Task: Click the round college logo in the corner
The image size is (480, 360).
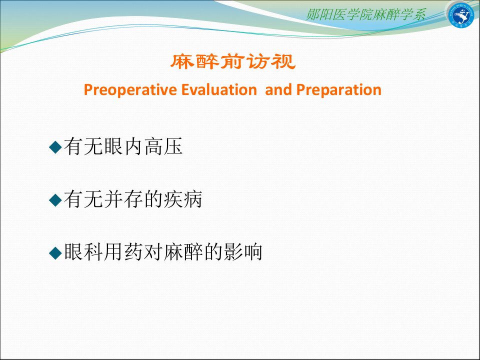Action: coord(460,14)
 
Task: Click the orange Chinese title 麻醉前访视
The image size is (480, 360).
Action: coord(233,61)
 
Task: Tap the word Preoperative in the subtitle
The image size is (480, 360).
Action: coord(130,90)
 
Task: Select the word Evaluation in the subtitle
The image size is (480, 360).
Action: coord(219,89)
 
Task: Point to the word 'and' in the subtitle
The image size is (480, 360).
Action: coord(278,89)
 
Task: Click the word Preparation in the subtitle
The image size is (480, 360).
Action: coord(339,90)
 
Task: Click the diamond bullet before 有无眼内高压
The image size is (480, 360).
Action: coord(55,147)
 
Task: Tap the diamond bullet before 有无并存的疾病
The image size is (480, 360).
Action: coord(55,200)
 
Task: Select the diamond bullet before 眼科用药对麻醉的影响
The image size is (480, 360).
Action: coord(55,253)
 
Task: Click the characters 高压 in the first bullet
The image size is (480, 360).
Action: coord(163,146)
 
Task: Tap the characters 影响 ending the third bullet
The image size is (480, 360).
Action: coord(243,252)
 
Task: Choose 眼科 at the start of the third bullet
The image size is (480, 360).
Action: coord(83,252)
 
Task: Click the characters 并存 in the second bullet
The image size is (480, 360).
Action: coord(123,199)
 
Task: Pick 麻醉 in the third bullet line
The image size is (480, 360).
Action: coord(183,252)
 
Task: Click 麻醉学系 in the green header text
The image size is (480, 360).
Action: coord(399,14)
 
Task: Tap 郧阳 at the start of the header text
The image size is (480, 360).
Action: coord(319,14)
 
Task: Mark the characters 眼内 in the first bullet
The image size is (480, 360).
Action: coord(123,146)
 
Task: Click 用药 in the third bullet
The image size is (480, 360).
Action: coord(123,252)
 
